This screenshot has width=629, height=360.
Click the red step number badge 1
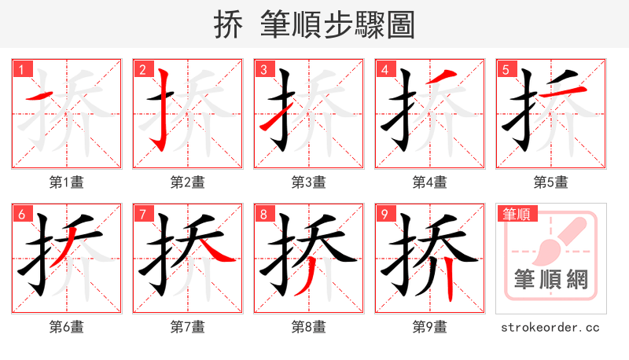[21, 69]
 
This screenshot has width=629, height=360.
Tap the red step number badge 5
[506, 69]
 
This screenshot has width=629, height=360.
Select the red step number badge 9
[384, 214]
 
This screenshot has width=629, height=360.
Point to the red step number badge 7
[142, 214]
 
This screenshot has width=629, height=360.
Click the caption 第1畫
[67, 182]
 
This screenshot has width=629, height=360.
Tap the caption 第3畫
[309, 182]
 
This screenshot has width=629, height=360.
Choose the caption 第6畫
[67, 326]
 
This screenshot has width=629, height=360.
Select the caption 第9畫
[430, 326]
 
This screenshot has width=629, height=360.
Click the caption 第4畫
[430, 182]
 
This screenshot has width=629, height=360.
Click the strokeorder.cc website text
[550, 326]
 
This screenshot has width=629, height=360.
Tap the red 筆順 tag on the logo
[516, 214]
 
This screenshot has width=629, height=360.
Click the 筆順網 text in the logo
[550, 279]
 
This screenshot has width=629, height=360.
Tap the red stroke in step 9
[447, 279]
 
